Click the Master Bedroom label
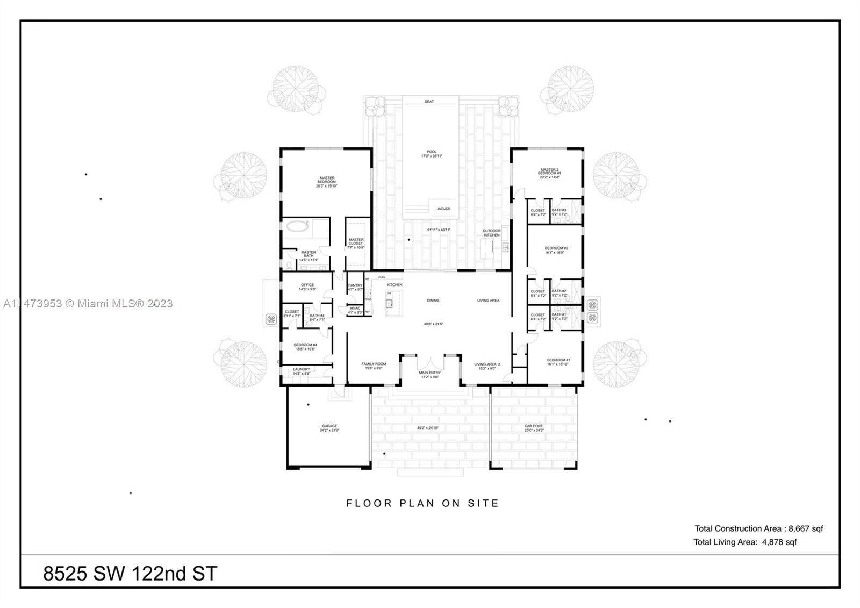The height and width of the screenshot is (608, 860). click(x=327, y=180)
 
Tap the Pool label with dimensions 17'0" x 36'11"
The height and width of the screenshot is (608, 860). click(x=432, y=154)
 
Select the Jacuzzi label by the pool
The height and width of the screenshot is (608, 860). click(x=443, y=209)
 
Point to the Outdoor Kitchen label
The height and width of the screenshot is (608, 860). click(x=491, y=233)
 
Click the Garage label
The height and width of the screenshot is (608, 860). click(x=329, y=428)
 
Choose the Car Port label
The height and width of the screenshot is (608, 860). click(x=534, y=428)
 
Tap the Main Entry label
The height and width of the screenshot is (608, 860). click(x=429, y=375)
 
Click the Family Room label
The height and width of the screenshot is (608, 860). click(x=374, y=366)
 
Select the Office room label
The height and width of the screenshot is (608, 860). click(x=307, y=287)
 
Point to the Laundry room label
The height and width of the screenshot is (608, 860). click(x=302, y=371)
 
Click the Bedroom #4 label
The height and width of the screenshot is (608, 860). click(x=305, y=347)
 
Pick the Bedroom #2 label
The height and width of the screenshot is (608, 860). click(x=556, y=250)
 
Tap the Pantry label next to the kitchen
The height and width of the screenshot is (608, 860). click(x=355, y=287)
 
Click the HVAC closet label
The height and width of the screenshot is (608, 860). click(x=355, y=310)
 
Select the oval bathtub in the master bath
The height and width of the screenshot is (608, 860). click(x=298, y=226)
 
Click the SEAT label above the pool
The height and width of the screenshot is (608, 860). click(x=429, y=102)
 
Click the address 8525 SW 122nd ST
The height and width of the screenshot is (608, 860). click(x=130, y=574)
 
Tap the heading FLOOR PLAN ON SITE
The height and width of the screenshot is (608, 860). click(x=423, y=504)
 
